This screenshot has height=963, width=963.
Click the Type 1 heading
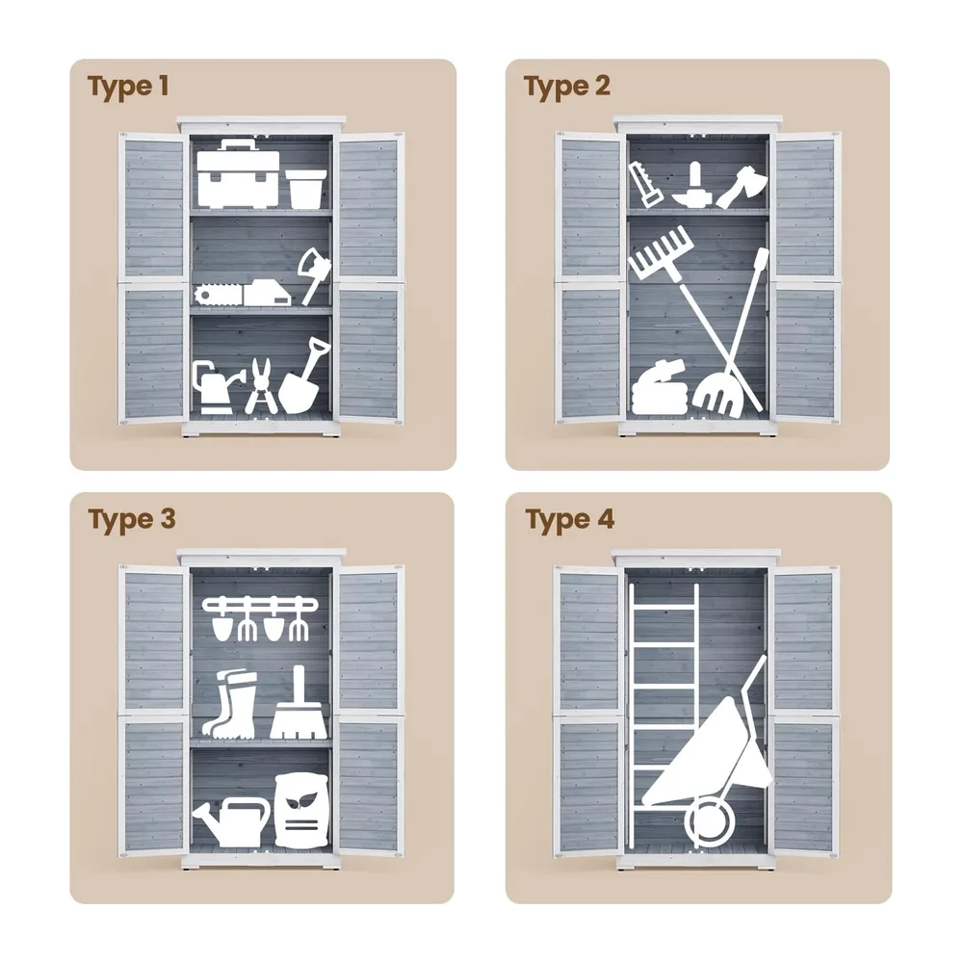128,87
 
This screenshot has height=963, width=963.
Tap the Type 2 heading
566,87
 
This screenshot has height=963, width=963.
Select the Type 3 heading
131,520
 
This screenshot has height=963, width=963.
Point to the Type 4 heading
569,520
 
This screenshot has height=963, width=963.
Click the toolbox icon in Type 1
238,173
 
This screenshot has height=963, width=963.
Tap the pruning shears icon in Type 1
261,387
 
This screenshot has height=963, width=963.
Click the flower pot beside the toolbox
305,189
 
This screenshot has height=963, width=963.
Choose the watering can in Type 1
212,387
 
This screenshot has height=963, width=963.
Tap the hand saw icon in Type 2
645,184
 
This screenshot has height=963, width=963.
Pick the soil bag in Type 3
301,811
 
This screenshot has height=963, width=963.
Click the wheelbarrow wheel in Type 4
710,822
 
